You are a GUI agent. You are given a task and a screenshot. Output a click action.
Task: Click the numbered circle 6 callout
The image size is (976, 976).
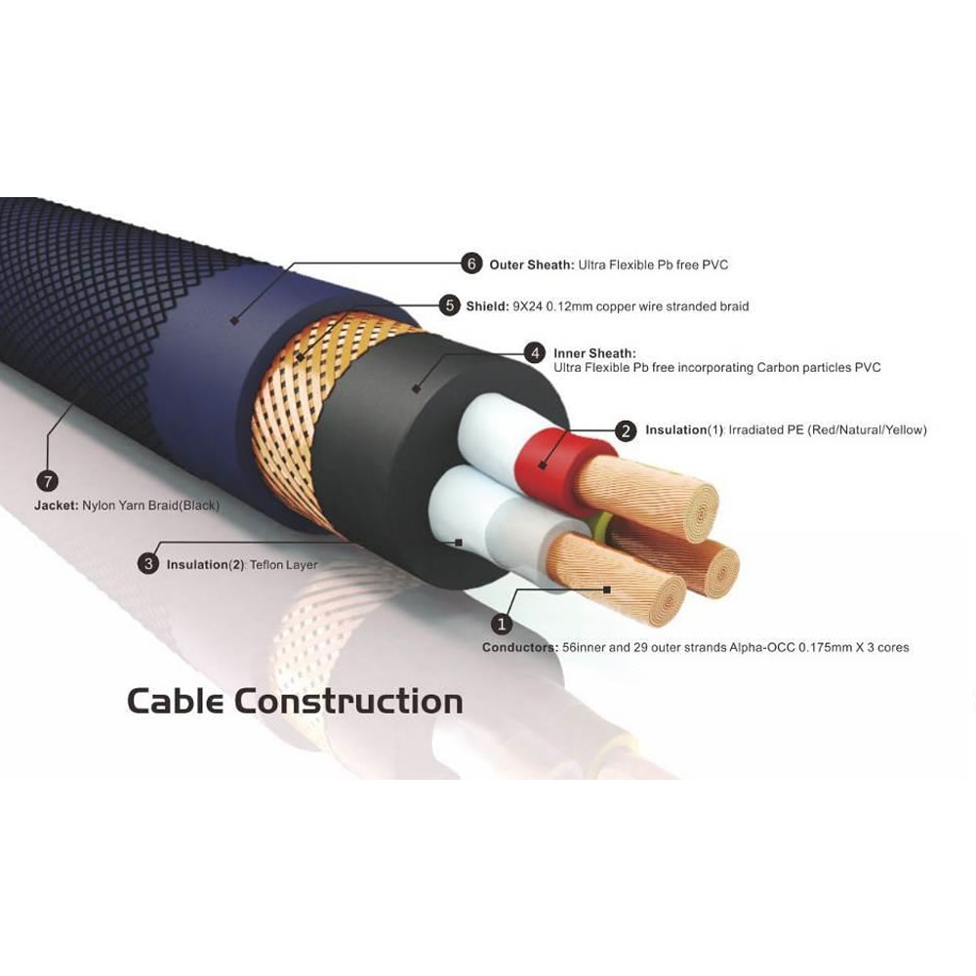(x=472, y=264)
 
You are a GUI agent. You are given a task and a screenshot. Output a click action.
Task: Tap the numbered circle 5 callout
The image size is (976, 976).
(x=449, y=305)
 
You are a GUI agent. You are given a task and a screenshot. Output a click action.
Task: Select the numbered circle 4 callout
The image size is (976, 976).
(x=534, y=352)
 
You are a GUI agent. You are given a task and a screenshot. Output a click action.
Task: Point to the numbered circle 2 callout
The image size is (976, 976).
(x=626, y=429)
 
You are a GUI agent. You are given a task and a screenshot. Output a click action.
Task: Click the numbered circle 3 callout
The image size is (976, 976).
(x=148, y=563)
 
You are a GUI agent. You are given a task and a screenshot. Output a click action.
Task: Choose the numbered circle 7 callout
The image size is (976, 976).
(x=46, y=480)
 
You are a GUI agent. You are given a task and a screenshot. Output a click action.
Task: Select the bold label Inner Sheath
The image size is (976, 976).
(x=594, y=352)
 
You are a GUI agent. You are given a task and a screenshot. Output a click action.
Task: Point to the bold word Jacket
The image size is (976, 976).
(x=55, y=506)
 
